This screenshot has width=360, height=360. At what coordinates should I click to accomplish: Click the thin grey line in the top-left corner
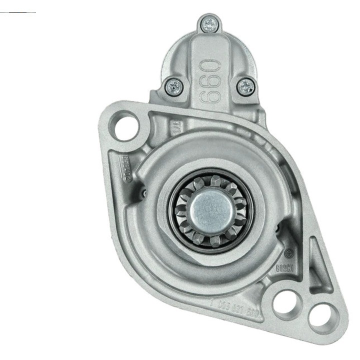click(x=18, y=11)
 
